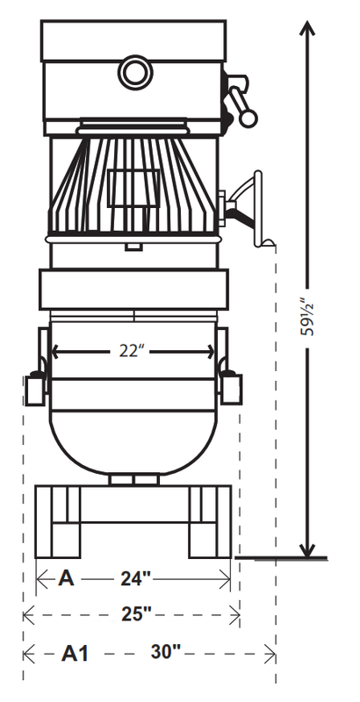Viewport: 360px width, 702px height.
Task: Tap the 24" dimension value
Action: coord(136,579)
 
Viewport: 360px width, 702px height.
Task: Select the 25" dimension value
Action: coord(136,613)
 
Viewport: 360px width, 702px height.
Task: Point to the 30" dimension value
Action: coord(165,651)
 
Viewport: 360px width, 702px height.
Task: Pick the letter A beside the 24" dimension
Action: coord(66,578)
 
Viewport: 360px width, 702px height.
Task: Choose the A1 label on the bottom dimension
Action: coord(75,654)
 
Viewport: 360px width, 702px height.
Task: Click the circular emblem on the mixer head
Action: coord(134,72)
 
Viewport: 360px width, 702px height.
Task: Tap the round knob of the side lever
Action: coord(248,118)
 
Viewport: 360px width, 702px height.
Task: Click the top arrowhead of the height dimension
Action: coord(307,28)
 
